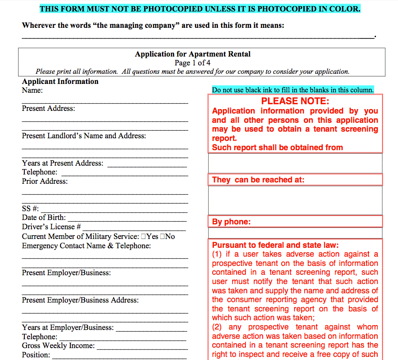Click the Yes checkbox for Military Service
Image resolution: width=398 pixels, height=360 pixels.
(x=144, y=237)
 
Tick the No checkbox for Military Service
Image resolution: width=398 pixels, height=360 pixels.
(x=163, y=237)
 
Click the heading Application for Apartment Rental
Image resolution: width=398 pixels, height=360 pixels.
(x=193, y=54)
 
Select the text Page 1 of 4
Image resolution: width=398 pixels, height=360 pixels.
(x=193, y=63)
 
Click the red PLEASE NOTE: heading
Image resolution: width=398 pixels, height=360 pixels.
(x=295, y=101)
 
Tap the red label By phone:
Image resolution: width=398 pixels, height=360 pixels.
(x=231, y=222)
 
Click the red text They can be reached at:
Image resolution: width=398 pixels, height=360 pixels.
(x=258, y=180)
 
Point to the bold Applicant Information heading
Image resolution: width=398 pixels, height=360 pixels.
(x=60, y=81)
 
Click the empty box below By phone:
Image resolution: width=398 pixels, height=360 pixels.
(x=295, y=233)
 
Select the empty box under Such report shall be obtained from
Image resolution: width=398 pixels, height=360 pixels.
(x=295, y=163)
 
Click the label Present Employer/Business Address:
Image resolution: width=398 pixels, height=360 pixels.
(x=80, y=300)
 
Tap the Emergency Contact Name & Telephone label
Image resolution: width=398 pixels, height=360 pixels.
(x=86, y=246)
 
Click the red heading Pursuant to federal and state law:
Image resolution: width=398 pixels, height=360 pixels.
(x=276, y=245)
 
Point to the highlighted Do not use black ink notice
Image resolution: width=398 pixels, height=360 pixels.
(x=293, y=90)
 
